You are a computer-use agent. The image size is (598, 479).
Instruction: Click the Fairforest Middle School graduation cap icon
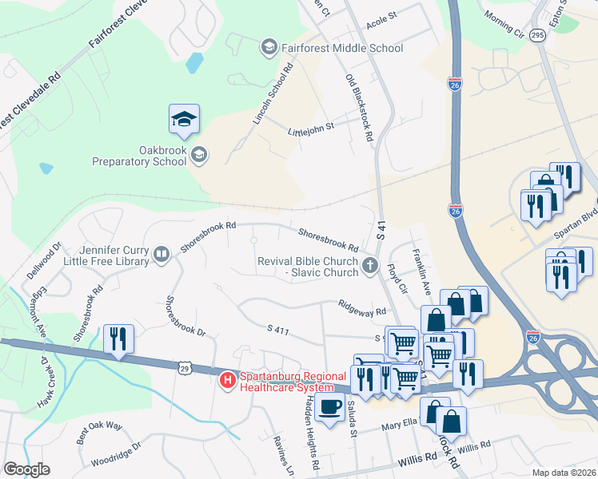pyautogui.click(x=269, y=48)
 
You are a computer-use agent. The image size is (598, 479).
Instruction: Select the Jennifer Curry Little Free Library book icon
pyautogui.click(x=161, y=255)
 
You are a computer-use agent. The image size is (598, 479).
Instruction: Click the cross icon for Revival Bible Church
pyautogui.click(x=369, y=267)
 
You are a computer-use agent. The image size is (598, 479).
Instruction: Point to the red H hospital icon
pyautogui.click(x=227, y=381)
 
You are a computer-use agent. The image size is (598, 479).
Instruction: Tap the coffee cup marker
pyautogui.click(x=328, y=406)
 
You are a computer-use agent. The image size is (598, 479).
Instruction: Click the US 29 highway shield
pyautogui.click(x=185, y=366)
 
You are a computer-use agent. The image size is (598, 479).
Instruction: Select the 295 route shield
pyautogui.click(x=537, y=36)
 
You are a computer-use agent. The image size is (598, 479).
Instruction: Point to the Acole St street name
pyautogui.click(x=381, y=17)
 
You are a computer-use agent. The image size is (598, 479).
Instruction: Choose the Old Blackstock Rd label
pyautogui.click(x=360, y=107)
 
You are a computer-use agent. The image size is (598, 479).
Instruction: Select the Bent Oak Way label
pyautogui.click(x=99, y=432)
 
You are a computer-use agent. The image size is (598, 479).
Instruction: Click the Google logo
pyautogui.click(x=26, y=469)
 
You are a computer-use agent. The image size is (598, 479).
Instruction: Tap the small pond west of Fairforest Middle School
pyautogui.click(x=193, y=62)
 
